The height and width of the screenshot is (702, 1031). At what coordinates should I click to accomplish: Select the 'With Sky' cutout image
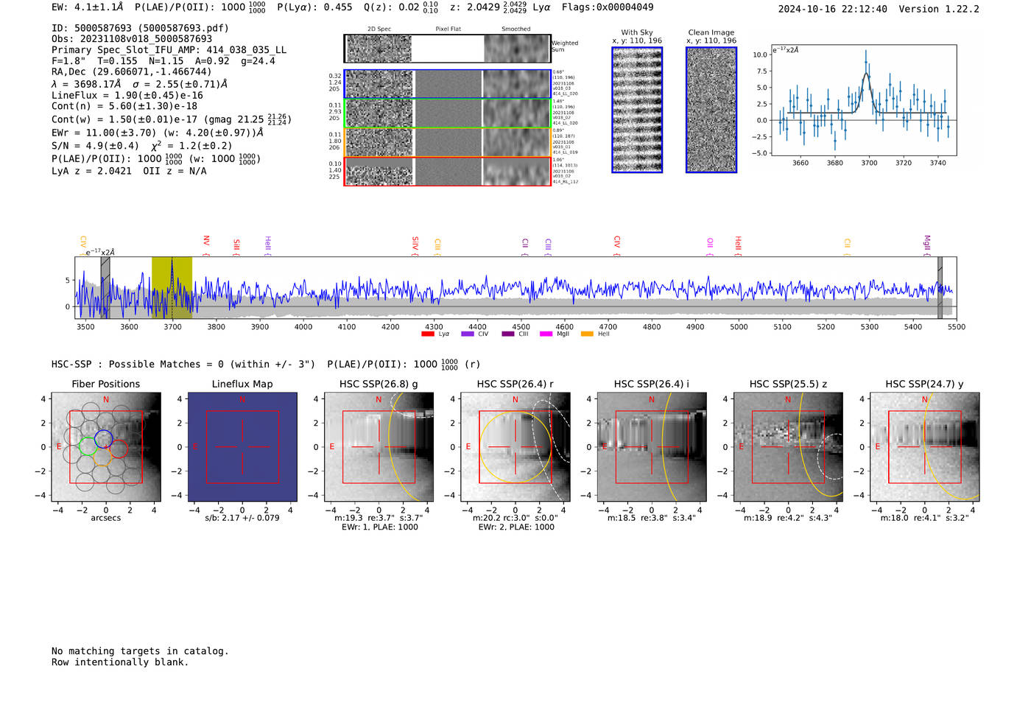pyautogui.click(x=637, y=110)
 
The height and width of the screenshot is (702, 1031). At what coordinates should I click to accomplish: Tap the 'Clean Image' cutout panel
pyautogui.click(x=711, y=110)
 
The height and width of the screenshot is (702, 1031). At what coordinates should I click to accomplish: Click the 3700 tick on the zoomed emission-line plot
pyautogui.click(x=869, y=163)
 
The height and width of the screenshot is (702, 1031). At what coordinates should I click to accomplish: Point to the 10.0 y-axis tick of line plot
pyautogui.click(x=760, y=55)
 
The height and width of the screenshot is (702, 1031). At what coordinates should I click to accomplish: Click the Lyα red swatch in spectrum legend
pyautogui.click(x=427, y=334)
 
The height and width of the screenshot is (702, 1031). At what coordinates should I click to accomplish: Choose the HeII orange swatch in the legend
pyautogui.click(x=587, y=334)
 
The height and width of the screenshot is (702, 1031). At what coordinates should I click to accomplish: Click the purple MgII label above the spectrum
pyautogui.click(x=926, y=243)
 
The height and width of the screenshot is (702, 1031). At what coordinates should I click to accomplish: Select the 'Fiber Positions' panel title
pyautogui.click(x=105, y=384)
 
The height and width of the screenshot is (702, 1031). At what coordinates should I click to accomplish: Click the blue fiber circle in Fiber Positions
pyautogui.click(x=103, y=438)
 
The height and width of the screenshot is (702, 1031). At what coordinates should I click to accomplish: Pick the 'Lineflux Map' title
pyautogui.click(x=242, y=384)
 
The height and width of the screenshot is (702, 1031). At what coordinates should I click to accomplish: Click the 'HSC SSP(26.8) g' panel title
pyautogui.click(x=379, y=384)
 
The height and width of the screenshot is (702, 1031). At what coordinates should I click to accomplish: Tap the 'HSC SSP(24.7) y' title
pyautogui.click(x=924, y=384)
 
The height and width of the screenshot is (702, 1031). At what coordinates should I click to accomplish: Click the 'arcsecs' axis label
pyautogui.click(x=105, y=518)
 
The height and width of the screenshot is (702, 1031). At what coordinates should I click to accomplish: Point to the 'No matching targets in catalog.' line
pyautogui.click(x=140, y=651)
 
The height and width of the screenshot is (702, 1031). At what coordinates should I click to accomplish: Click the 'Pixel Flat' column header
pyautogui.click(x=448, y=29)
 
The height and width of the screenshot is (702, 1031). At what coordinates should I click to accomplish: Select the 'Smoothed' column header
pyautogui.click(x=515, y=29)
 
